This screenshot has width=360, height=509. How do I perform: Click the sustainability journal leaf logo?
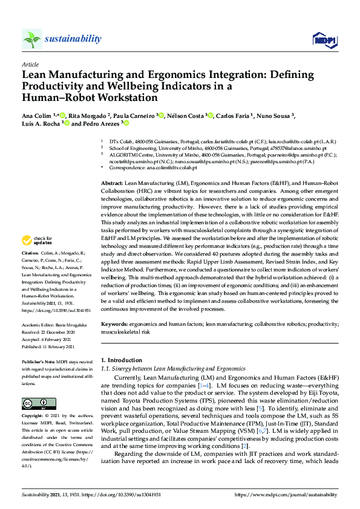32,39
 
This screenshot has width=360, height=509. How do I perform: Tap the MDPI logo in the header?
325,40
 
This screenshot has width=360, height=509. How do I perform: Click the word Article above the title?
30,64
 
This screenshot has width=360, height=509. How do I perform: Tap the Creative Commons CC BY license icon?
35,403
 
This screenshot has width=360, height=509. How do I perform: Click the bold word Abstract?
113,181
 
